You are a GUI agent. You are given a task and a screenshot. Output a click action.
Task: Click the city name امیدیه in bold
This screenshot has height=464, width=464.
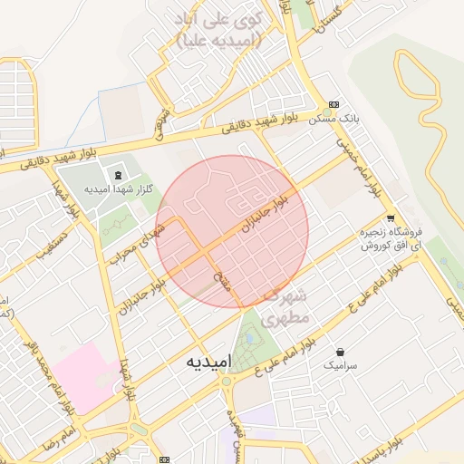point(209,361)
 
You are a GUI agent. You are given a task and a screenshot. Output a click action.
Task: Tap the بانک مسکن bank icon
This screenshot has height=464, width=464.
point(333,105)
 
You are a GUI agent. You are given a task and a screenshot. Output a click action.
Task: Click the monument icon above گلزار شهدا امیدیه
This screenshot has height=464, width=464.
point(117,174)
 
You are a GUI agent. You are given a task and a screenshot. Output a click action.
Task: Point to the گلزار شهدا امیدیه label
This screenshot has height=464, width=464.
point(117,188)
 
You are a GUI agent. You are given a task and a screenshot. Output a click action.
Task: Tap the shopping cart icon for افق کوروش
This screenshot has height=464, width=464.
point(391,218)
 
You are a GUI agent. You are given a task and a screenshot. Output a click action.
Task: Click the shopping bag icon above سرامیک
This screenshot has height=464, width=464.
point(340,352)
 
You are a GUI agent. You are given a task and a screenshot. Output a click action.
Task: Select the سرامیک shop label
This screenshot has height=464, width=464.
point(340,364)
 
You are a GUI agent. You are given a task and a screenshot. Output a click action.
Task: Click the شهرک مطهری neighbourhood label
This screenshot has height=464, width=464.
point(286,307)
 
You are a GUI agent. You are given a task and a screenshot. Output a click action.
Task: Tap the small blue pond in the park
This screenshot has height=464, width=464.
point(250,341)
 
